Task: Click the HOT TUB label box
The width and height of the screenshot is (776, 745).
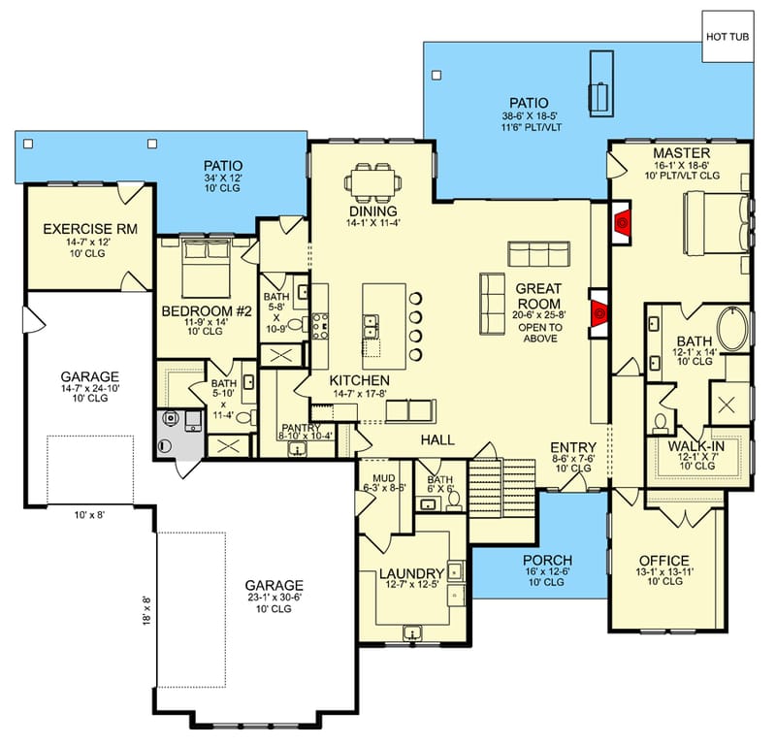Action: (727, 36)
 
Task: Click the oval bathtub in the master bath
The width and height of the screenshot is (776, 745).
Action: (732, 331)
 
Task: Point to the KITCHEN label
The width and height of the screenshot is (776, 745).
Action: (359, 379)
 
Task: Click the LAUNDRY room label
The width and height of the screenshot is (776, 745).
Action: (411, 573)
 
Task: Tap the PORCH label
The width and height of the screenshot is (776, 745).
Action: (547, 561)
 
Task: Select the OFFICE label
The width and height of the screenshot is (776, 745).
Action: (663, 561)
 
